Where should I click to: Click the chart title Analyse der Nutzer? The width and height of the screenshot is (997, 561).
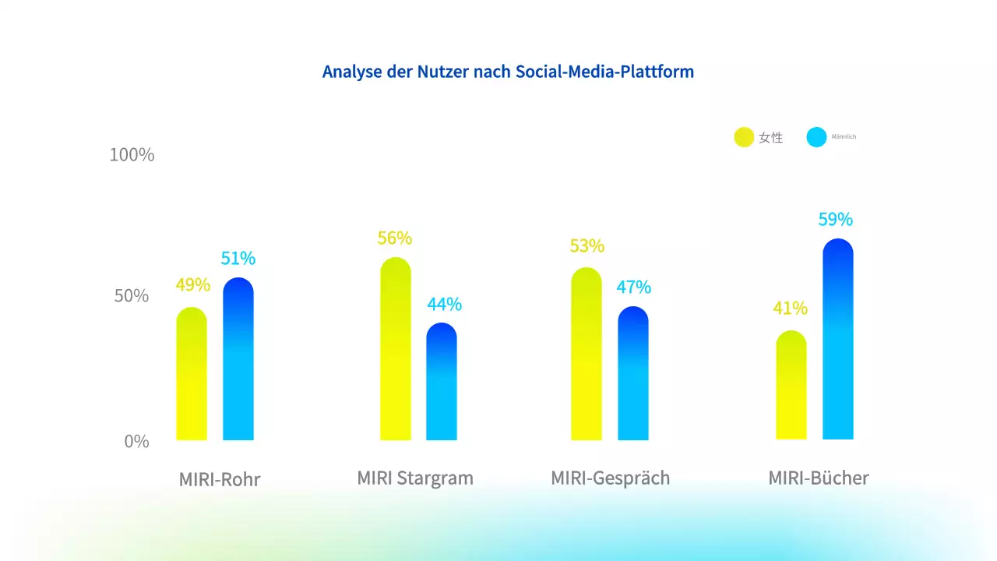(x=508, y=72)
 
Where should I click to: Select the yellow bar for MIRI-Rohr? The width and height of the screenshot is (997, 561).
(x=192, y=374)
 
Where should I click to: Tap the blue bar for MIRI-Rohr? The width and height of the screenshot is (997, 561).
(x=238, y=359)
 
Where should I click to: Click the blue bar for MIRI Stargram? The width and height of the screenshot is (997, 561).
(x=442, y=382)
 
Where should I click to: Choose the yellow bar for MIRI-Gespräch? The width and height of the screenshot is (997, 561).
(x=587, y=355)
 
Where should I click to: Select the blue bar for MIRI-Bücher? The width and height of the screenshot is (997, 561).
(x=838, y=340)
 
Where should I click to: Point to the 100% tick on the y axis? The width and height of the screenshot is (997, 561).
(x=132, y=155)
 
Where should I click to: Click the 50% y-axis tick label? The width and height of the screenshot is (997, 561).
(x=131, y=296)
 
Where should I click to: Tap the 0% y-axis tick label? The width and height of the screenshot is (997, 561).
(x=136, y=441)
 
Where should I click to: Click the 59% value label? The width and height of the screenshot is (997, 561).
(x=835, y=220)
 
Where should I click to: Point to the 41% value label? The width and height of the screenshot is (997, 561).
(x=790, y=309)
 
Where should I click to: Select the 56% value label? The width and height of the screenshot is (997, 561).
(x=395, y=238)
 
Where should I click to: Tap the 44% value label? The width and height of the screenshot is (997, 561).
(x=444, y=305)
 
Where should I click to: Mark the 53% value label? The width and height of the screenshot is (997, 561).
(x=587, y=246)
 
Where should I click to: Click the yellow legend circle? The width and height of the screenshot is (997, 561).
(x=744, y=137)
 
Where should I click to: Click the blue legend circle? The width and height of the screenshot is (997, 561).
(x=816, y=137)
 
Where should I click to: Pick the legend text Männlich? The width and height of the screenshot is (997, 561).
(x=844, y=137)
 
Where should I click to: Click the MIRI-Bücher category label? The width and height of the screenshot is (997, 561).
(x=818, y=478)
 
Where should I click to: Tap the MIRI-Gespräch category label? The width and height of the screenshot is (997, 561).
(x=610, y=478)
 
